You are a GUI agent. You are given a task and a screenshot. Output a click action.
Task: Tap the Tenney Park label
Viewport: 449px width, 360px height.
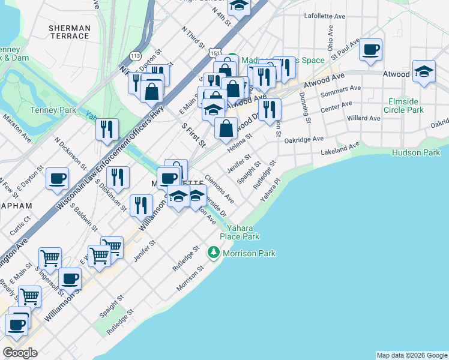(x=53, y=110)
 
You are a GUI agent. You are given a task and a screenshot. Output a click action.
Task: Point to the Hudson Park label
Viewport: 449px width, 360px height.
(x=416, y=152)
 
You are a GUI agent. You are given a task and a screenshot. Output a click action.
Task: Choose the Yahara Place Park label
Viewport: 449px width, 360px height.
(x=243, y=232)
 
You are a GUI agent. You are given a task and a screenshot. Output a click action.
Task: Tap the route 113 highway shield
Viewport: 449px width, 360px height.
(x=135, y=56)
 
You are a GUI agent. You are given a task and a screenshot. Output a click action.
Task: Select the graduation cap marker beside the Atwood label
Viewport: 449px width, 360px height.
(x=424, y=72)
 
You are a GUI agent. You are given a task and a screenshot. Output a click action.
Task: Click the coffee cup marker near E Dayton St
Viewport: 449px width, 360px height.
(x=58, y=179)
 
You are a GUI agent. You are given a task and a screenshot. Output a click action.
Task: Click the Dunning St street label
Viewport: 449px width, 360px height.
(x=307, y=111)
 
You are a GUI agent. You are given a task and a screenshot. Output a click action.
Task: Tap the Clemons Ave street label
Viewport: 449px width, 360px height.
(x=219, y=187)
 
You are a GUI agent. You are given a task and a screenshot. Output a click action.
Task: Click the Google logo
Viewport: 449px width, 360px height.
(x=20, y=353)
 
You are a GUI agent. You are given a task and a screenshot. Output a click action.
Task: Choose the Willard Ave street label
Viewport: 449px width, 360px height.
(x=364, y=119)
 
